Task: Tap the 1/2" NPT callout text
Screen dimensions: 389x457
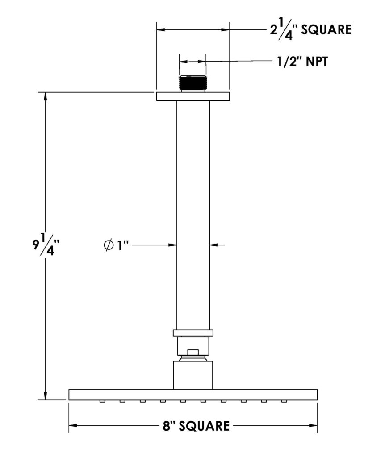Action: (302, 62)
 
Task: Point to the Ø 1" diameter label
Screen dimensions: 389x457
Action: (116, 245)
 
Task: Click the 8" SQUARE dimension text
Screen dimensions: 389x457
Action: (196, 426)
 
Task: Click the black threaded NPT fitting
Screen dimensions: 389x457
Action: (193, 83)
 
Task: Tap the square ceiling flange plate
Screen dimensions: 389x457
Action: (193, 96)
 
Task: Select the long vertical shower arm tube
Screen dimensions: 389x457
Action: (193, 216)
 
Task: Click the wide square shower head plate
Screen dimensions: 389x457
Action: (193, 395)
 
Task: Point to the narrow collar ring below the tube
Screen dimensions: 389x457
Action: (193, 333)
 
